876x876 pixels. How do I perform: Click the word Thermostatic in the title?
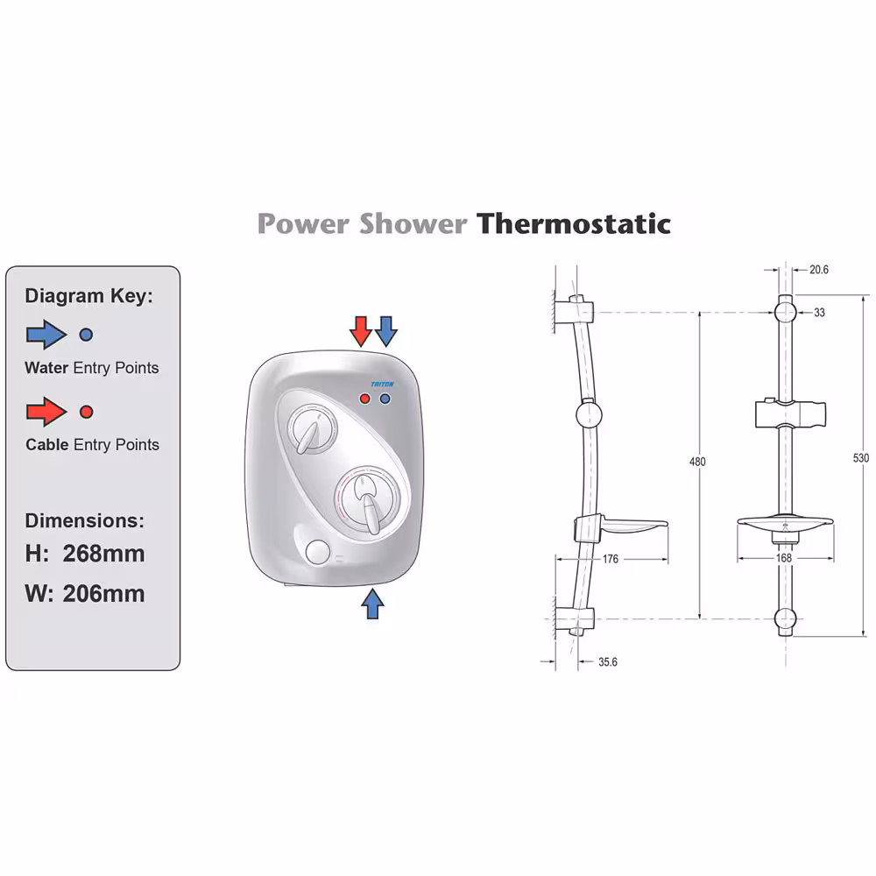click(573, 223)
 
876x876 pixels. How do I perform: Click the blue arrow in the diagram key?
click(46, 335)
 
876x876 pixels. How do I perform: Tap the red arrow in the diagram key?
click(46, 412)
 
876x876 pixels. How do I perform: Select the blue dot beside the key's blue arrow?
click(86, 335)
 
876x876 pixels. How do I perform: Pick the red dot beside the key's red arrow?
click(86, 412)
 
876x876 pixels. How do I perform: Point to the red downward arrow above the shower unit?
click(361, 331)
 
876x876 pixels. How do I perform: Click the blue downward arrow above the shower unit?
click(386, 331)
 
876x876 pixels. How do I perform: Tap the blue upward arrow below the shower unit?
click(372, 604)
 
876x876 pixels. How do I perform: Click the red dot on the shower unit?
click(364, 399)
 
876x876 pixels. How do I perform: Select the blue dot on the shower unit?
click(385, 399)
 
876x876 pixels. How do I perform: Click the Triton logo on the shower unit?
click(383, 385)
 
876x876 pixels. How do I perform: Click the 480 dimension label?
click(697, 462)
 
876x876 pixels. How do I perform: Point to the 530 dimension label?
click(861, 458)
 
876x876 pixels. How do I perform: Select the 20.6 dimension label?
click(819, 270)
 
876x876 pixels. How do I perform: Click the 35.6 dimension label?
click(608, 662)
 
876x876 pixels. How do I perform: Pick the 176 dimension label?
click(610, 559)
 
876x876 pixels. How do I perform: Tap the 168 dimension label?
click(784, 557)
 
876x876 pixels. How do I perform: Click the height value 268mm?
click(104, 554)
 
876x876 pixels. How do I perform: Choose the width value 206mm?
click(104, 593)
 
